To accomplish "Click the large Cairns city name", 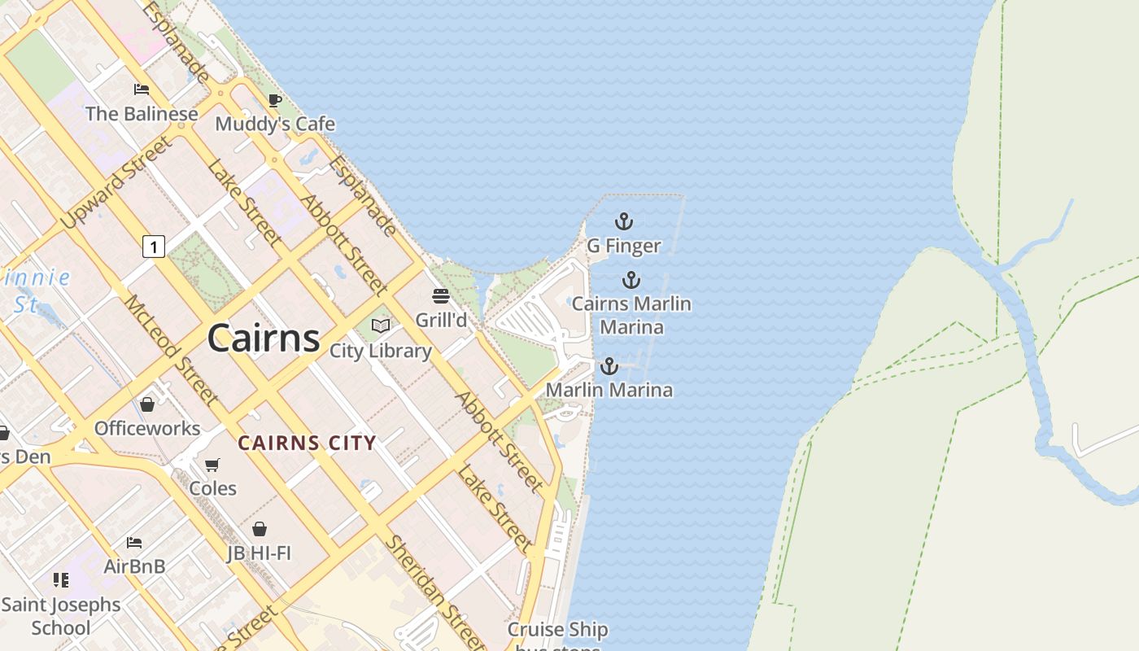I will point(264,338).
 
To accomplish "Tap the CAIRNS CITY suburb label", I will point(307,443).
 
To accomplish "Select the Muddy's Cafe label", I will point(275,124).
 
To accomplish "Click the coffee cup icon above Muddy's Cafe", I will point(275,100).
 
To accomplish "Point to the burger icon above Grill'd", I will point(441,295).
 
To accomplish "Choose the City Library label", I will point(380,351).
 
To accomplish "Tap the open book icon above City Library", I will point(380,325).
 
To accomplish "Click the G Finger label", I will point(624,245).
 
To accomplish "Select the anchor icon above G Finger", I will point(623,221).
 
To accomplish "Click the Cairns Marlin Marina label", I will point(631,315).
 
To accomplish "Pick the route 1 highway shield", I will point(153,246).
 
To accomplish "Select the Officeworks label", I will point(147,428).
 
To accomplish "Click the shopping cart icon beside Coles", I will point(212,465).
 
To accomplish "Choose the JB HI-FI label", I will point(259,553).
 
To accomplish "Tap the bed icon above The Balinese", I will point(142,90).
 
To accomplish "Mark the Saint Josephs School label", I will point(61,616).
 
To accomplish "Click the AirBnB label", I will point(134,566).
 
